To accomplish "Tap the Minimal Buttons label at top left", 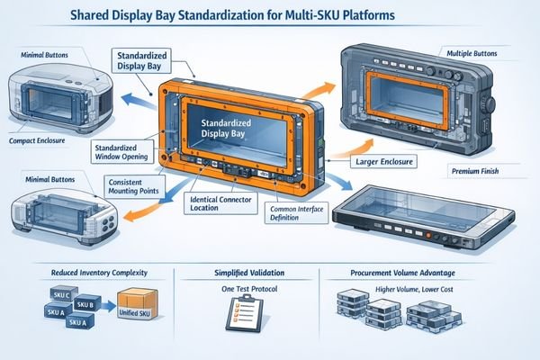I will tap(43, 56).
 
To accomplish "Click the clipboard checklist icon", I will tap(235, 311).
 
